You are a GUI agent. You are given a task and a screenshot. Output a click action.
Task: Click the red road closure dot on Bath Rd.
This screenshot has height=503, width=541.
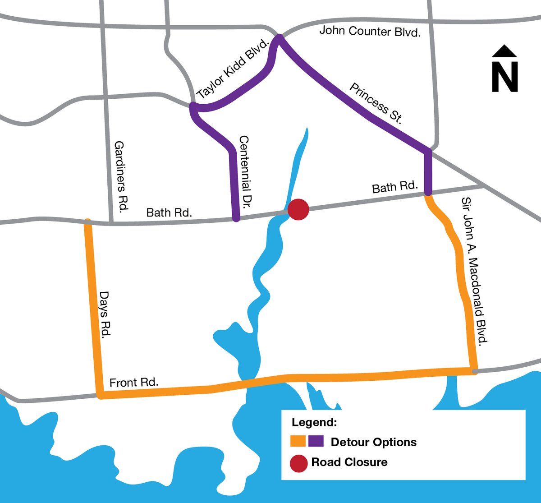298,210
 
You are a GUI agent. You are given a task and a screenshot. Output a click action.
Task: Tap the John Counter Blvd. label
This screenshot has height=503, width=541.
370,32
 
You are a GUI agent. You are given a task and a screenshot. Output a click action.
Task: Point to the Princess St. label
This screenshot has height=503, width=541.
376,104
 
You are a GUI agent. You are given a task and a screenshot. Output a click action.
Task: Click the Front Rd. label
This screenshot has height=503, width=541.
134,383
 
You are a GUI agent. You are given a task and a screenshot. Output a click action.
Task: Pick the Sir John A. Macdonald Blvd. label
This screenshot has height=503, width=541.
475,271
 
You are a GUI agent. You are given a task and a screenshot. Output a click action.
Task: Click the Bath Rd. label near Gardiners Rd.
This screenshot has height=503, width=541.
169,212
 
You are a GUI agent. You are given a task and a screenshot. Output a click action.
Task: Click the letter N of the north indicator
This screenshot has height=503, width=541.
504,76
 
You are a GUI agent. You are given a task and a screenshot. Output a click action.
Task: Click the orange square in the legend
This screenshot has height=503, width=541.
298,442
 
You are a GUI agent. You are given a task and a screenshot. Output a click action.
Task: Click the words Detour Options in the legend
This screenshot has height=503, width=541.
373,442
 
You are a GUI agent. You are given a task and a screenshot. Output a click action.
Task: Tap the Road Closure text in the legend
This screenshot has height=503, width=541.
349,462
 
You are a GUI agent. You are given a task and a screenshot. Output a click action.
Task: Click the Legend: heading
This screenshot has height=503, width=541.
314,423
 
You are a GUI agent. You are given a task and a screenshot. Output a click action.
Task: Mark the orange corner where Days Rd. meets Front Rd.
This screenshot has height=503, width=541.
101,396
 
